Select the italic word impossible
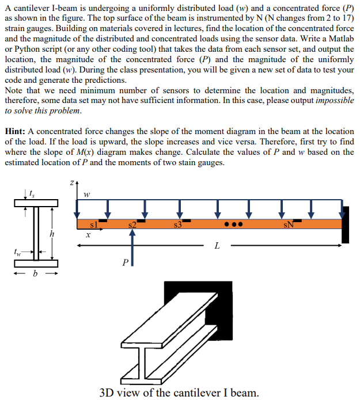click(x=334, y=101)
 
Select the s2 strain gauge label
click(x=132, y=224)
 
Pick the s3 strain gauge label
click(x=178, y=224)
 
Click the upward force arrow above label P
click(x=132, y=247)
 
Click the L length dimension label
click(x=217, y=246)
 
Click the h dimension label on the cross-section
click(x=52, y=234)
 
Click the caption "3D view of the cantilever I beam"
click(x=179, y=393)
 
